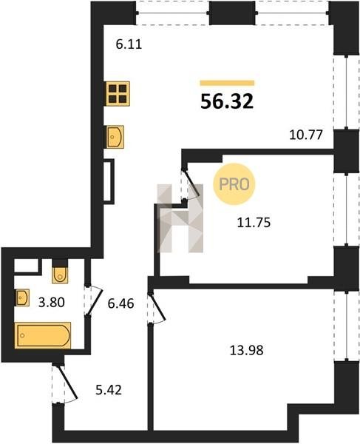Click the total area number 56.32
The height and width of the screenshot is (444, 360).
[x=227, y=101]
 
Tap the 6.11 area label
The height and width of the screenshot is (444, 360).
[x=129, y=44]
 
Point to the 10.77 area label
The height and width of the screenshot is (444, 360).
[x=306, y=135]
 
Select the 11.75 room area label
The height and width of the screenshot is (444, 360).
[x=254, y=223]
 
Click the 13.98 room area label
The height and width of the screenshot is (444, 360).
[x=246, y=350]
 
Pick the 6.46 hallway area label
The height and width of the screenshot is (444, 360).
[x=120, y=303]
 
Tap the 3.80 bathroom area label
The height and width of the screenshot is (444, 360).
[x=52, y=303]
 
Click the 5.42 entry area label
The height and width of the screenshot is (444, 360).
[x=109, y=390]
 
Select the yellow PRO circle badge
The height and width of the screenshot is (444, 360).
[x=234, y=184]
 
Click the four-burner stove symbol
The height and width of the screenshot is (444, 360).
[x=118, y=94]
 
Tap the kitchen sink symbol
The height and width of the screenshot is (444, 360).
[x=115, y=137]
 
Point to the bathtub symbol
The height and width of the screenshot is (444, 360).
[x=43, y=335]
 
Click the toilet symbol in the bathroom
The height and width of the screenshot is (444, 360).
[x=60, y=272]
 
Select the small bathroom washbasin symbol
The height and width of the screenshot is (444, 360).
[x=22, y=297]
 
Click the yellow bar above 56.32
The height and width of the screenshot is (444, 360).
[x=227, y=83]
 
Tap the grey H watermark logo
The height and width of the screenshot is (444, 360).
[x=180, y=218]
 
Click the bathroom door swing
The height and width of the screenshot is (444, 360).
[x=93, y=300]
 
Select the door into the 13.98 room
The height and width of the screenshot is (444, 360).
[x=157, y=307]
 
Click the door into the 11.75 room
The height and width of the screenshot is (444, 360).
[x=191, y=184]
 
